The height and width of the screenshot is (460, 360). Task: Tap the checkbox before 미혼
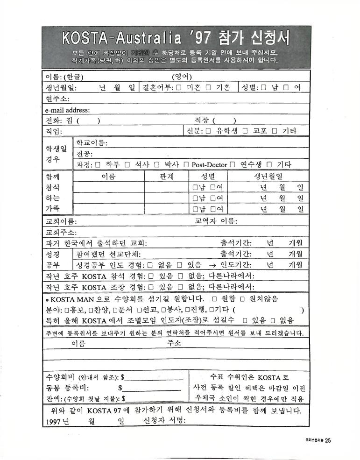point(179,87)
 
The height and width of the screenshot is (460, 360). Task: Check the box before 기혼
point(208,87)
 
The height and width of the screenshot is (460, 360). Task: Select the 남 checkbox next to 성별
point(264,87)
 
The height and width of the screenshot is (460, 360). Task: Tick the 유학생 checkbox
point(208,131)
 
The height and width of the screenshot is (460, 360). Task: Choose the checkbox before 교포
point(245,131)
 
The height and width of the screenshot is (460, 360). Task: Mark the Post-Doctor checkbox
point(186,164)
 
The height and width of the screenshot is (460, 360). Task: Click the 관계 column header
point(166,177)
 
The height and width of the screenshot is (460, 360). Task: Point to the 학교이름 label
point(92,143)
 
